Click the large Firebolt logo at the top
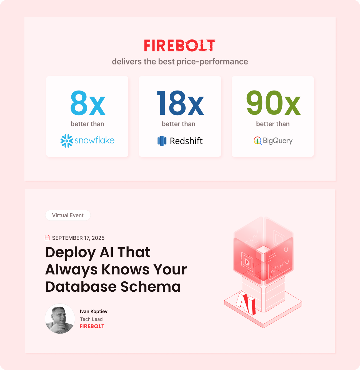pyautogui.click(x=179, y=46)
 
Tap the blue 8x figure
pyautogui.click(x=87, y=103)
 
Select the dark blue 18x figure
pyautogui.click(x=180, y=103)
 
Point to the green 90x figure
pyautogui.click(x=273, y=103)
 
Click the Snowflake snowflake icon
pyautogui.click(x=67, y=141)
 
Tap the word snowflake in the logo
pyautogui.click(x=94, y=140)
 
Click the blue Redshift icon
pyautogui.click(x=162, y=141)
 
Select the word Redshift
pyautogui.click(x=186, y=141)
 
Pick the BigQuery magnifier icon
pyautogui.click(x=257, y=141)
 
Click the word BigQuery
pyautogui.click(x=277, y=141)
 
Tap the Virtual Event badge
pyautogui.click(x=68, y=215)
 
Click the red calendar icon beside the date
pyautogui.click(x=47, y=238)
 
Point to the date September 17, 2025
pyautogui.click(x=78, y=238)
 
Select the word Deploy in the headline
pyautogui.click(x=70, y=252)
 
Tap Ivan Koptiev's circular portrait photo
pyautogui.click(x=60, y=319)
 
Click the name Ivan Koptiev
pyautogui.click(x=94, y=311)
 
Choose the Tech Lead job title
pyautogui.click(x=91, y=319)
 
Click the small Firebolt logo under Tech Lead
pyautogui.click(x=92, y=326)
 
